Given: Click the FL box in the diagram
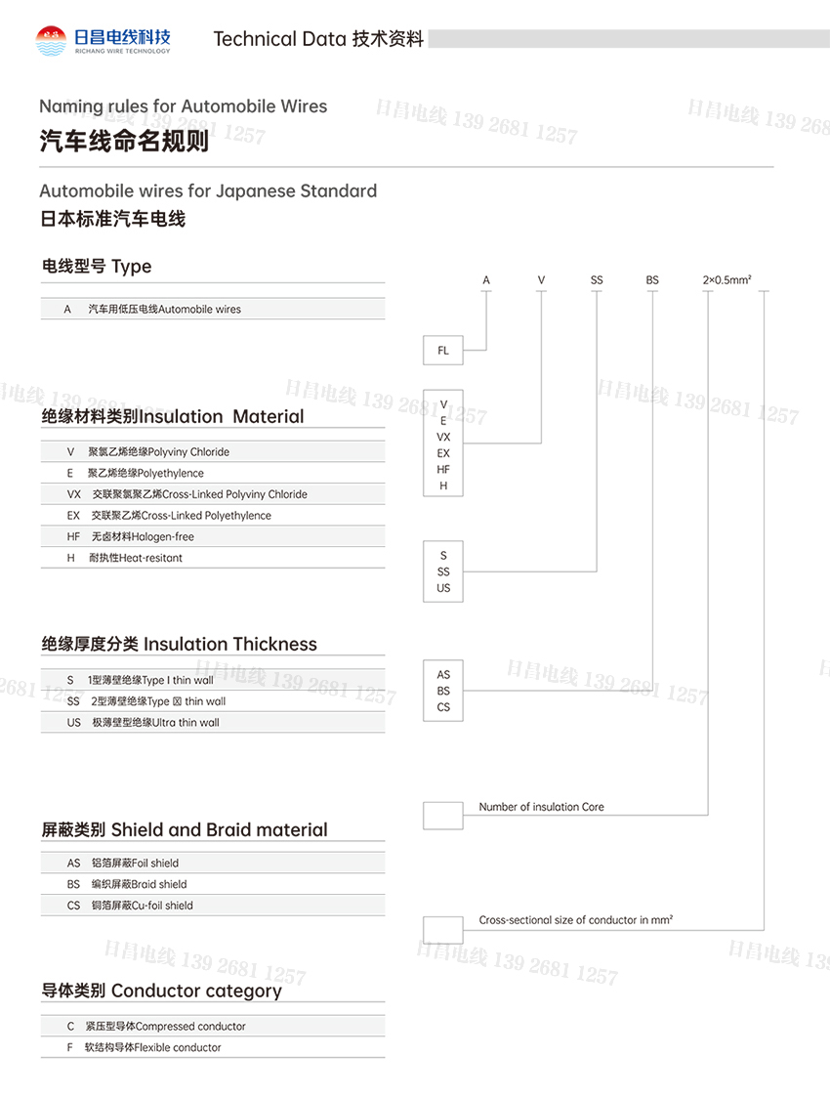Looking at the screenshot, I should [x=443, y=350].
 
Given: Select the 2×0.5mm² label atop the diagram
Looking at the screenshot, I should [x=726, y=280].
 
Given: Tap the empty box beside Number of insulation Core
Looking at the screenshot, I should [x=443, y=815].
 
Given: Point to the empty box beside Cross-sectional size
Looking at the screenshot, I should [x=443, y=929].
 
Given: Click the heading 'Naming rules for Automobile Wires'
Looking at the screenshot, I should [x=184, y=106].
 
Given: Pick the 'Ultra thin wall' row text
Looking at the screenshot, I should [x=156, y=723].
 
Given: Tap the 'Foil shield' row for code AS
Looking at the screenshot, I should [x=136, y=864].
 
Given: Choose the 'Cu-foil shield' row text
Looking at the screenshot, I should [x=142, y=906].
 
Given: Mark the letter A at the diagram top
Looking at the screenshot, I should [x=486, y=280].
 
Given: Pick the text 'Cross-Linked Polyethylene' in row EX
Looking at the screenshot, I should [x=182, y=516].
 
